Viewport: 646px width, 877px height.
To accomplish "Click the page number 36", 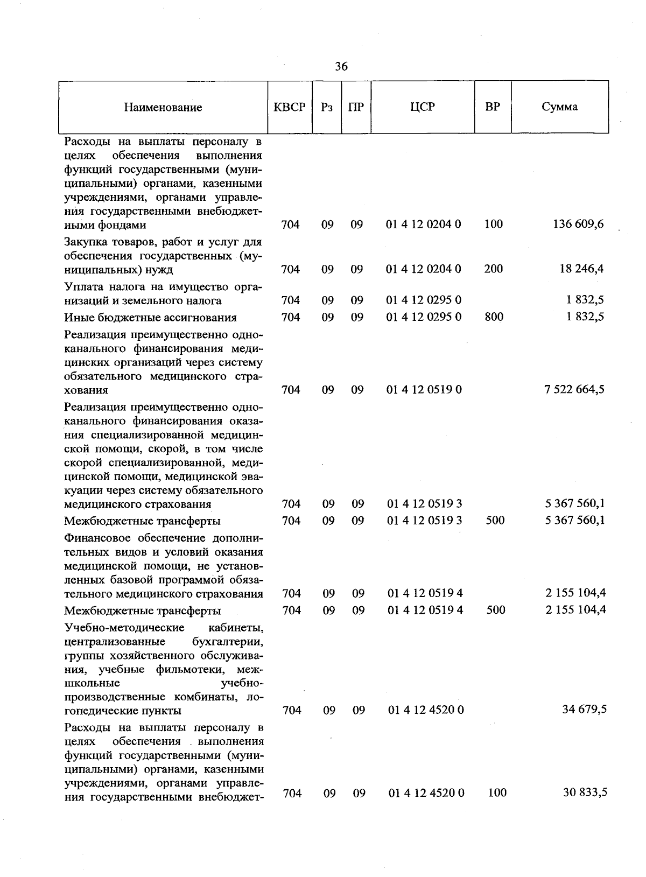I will coord(341,66).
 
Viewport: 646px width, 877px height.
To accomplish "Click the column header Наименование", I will coord(163,107).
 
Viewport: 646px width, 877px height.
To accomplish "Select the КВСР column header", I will coord(290,107).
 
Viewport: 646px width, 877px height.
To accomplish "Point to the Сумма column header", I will coord(559,107).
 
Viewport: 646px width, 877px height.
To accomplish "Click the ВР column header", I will coord(492,107).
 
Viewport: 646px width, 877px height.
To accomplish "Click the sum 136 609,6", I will coord(578,224).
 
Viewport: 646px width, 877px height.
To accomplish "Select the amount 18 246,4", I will coord(581,269).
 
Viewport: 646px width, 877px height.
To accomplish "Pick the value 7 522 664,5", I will coord(574,389).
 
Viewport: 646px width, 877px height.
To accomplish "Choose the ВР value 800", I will coord(494,317).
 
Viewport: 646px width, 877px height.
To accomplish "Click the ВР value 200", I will coord(493,269).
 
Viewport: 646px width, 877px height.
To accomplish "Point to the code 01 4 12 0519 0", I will coord(424,389).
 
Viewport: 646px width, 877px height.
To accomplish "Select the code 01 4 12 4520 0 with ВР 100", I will coord(426,792).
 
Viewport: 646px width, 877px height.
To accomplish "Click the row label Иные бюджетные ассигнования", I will coord(150,317).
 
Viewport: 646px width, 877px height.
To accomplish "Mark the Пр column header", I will coord(356,107).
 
